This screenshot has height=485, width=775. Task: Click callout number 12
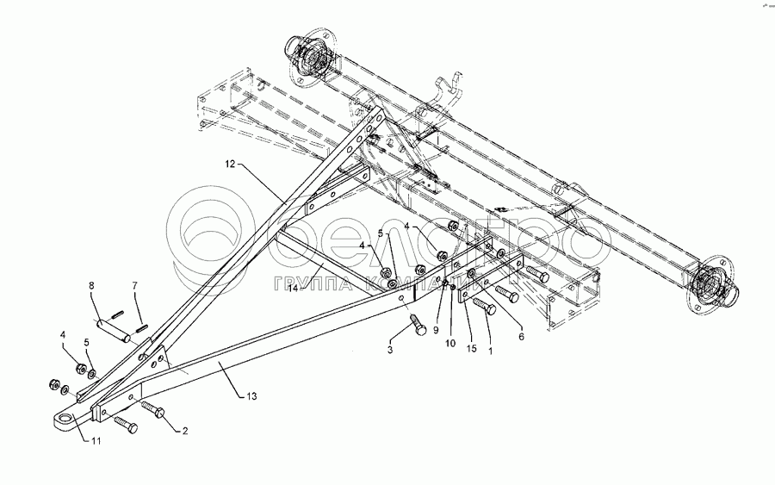[231, 164]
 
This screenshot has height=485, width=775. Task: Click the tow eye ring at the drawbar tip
[63, 419]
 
